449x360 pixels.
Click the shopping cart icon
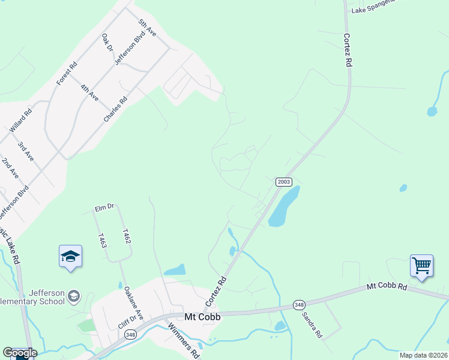tap(421, 264)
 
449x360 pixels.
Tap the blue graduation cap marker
tap(70, 256)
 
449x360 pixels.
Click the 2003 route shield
tap(284, 181)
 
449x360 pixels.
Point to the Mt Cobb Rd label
tap(387, 287)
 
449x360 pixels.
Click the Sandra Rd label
tap(313, 324)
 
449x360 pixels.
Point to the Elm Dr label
tap(104, 208)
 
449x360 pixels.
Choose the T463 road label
tap(102, 241)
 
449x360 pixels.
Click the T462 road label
tap(126, 236)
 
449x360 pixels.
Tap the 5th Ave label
tap(147, 28)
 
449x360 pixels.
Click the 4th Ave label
tap(89, 92)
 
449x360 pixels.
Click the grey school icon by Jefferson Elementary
tap(73, 295)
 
